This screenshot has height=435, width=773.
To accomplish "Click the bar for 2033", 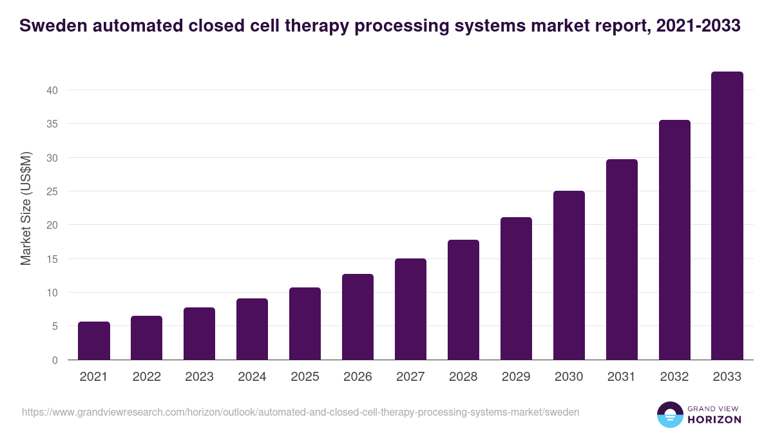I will [727, 216].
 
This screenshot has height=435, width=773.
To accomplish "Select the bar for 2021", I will [94, 341].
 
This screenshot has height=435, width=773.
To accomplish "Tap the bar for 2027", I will [410, 309].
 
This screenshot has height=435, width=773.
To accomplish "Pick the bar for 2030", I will [569, 275].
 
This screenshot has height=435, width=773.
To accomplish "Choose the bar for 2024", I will [252, 329].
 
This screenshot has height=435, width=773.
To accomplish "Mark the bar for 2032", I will [674, 240].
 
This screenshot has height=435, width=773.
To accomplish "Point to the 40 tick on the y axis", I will [52, 90].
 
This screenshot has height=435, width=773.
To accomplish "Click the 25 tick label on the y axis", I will [52, 191].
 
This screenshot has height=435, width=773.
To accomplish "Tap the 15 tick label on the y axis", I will [52, 259].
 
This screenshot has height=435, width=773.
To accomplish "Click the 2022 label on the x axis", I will [147, 377].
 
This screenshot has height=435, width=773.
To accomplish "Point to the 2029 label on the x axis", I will [516, 377].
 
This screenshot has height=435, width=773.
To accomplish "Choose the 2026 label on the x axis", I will [358, 377].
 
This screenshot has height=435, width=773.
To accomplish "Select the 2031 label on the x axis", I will [622, 377].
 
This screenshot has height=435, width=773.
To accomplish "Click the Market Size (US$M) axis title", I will [26, 208].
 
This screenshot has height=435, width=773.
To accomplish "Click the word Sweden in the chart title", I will [53, 26].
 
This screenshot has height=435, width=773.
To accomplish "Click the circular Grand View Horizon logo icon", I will [670, 414].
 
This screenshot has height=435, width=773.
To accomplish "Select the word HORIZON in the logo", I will [714, 420].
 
